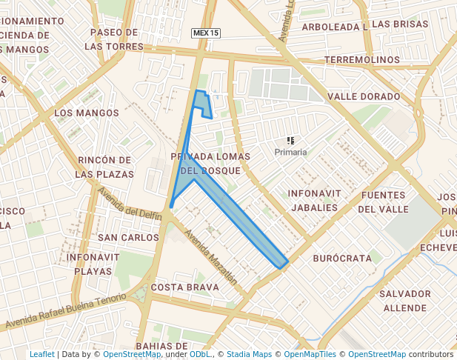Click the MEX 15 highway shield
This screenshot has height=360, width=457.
205,33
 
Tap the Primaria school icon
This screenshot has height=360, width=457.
290,140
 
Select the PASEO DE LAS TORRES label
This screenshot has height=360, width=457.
113,39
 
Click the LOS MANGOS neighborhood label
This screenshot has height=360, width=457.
87,113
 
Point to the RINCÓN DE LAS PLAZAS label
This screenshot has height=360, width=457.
105,167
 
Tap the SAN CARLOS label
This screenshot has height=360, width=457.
129,238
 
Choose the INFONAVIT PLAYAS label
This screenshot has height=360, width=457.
93,264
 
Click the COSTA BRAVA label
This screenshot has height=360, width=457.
184,287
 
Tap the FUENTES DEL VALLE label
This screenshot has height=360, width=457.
384,202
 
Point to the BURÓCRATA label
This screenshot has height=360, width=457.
341,259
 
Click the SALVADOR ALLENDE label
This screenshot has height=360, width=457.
404,301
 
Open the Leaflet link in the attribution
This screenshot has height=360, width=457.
41,354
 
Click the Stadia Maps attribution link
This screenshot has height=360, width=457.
249,354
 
